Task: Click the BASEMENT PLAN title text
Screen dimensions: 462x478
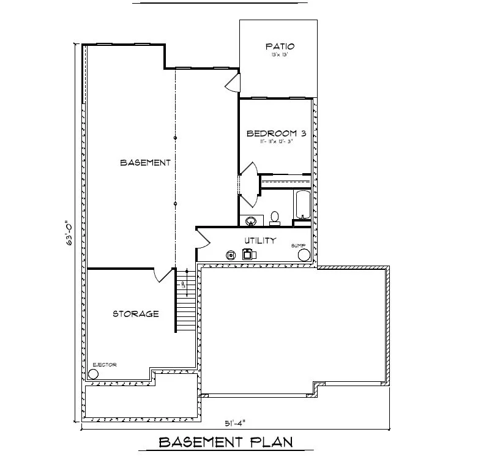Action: tap(226, 442)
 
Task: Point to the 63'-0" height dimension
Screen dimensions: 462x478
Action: tap(71, 233)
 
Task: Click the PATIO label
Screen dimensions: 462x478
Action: tap(280, 47)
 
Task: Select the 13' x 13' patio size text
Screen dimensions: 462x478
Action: tap(279, 55)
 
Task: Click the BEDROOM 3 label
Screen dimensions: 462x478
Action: tap(275, 133)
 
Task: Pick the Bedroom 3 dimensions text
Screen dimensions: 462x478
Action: tap(275, 142)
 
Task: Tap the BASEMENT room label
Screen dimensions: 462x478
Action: tap(145, 163)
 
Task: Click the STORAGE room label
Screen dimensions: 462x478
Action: tap(136, 314)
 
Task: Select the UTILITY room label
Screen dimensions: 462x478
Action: tap(261, 240)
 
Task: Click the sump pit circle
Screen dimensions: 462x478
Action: tap(304, 255)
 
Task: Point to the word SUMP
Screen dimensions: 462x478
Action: tap(298, 245)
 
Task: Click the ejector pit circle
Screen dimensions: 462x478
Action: tap(94, 373)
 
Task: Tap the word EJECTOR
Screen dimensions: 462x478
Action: tap(103, 364)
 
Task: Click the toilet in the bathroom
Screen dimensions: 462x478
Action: tap(275, 217)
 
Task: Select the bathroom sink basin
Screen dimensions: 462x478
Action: tap(250, 220)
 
